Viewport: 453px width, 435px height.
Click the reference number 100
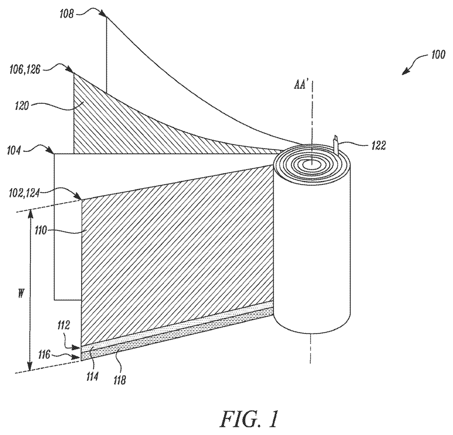point(438,55)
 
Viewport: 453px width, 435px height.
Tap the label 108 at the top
point(67,14)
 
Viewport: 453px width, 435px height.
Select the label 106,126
point(24,70)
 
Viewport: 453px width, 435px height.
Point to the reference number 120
point(22,106)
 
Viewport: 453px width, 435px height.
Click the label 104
point(14,150)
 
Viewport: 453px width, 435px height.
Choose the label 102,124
point(24,193)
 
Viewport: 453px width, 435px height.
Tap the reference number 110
point(41,231)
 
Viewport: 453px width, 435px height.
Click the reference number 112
point(63,326)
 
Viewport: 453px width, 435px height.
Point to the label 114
point(92,377)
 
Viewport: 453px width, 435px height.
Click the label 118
point(119,380)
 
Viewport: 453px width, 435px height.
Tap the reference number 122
point(378,145)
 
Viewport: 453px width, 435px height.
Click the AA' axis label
point(300,85)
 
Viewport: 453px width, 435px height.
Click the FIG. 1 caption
point(249,419)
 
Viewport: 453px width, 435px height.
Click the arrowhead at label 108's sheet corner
point(103,13)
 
